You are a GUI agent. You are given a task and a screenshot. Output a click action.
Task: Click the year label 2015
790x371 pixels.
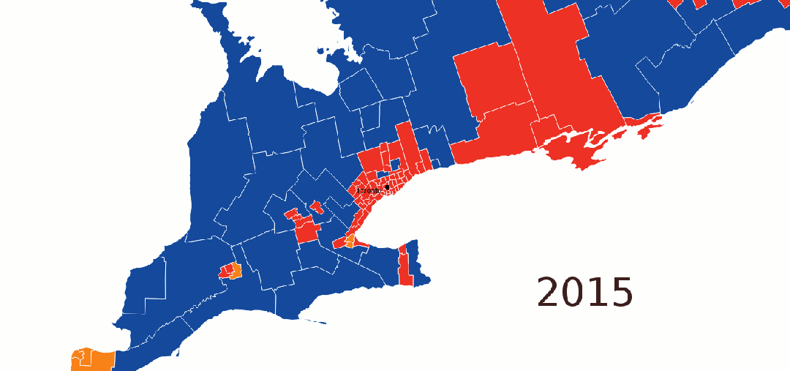point(585,293)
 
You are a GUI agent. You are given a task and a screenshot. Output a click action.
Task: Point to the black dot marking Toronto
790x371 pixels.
point(387,187)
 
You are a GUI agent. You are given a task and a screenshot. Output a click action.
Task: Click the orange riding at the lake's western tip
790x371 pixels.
point(350,241)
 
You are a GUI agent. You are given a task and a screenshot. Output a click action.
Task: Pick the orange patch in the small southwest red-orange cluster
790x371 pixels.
point(236,270)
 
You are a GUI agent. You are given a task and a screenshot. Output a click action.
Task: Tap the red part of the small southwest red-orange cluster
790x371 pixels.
point(226,272)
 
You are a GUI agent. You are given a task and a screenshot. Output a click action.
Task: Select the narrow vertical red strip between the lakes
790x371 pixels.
point(405,266)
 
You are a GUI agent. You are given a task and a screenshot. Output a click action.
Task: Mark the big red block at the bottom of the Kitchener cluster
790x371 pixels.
point(307,233)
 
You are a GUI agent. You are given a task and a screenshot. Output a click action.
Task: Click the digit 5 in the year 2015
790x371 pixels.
point(620,293)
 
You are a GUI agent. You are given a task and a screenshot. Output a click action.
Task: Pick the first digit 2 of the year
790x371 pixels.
point(549,293)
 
